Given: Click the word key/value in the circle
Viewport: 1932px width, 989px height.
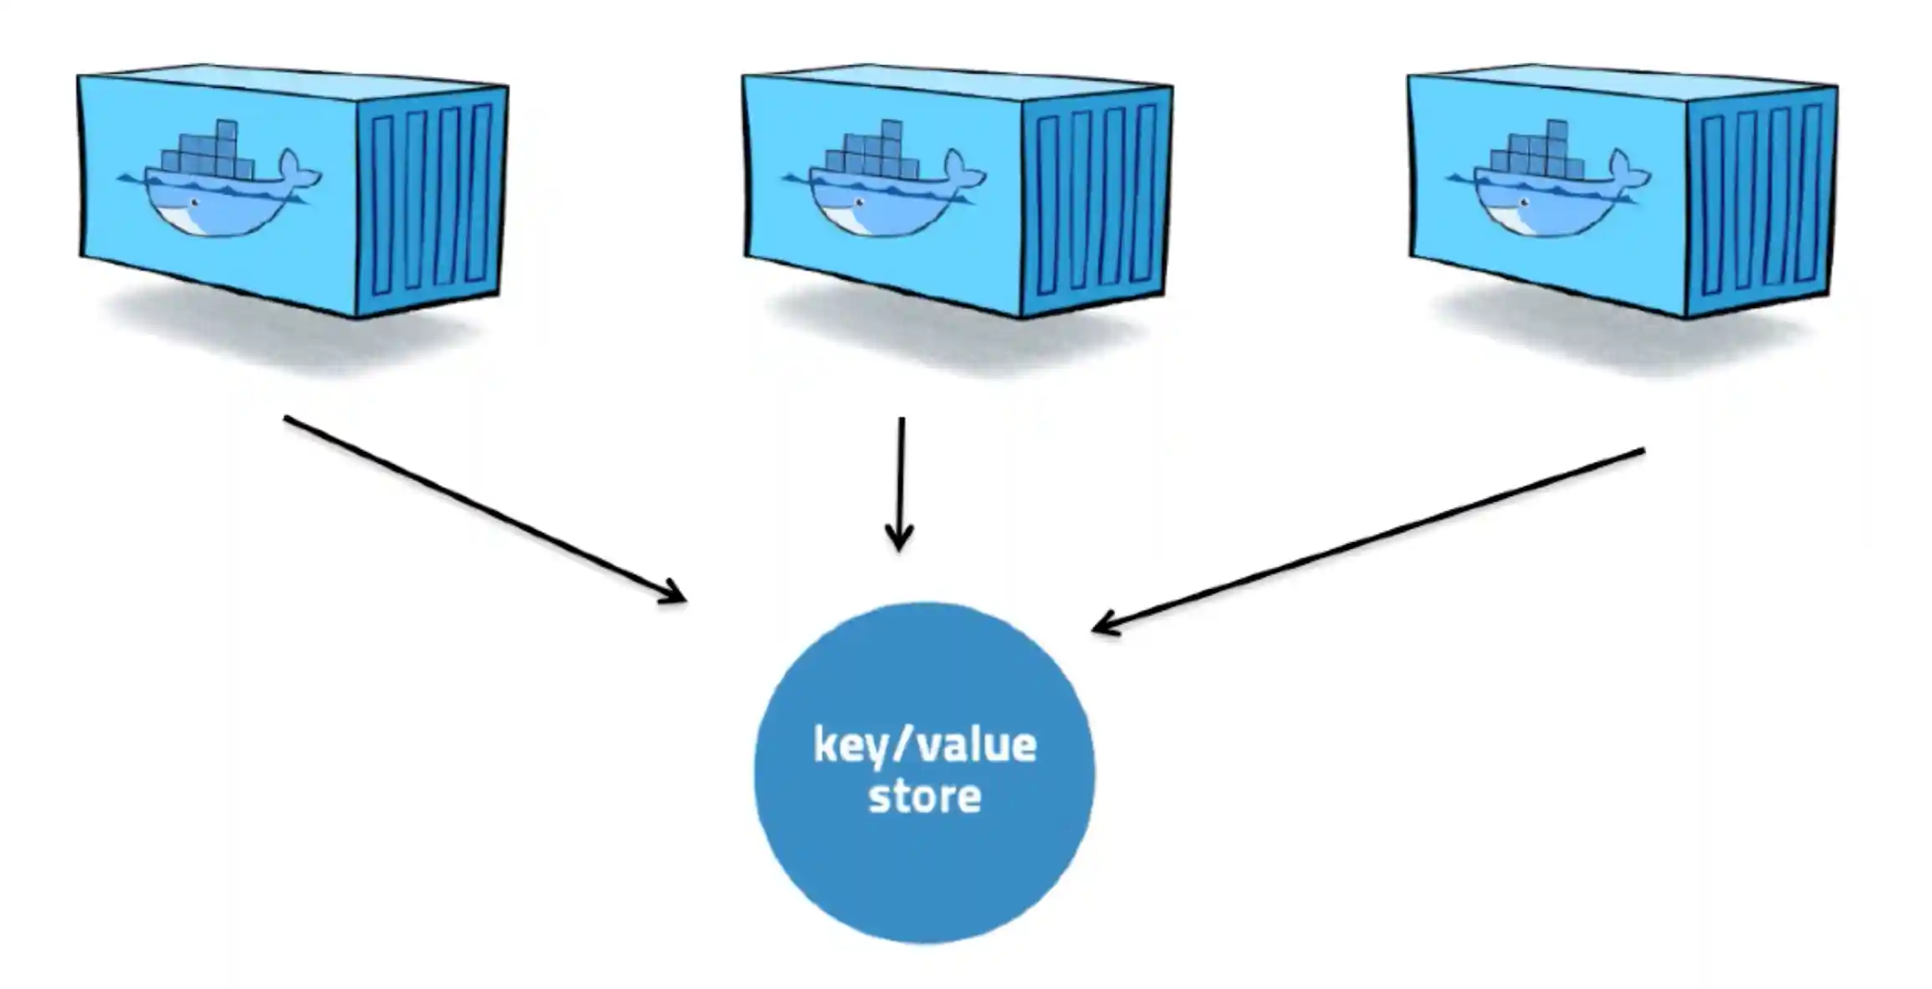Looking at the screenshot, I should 924,745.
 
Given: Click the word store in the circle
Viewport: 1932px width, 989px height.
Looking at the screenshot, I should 924,797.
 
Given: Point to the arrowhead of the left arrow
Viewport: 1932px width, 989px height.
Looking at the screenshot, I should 677,596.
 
